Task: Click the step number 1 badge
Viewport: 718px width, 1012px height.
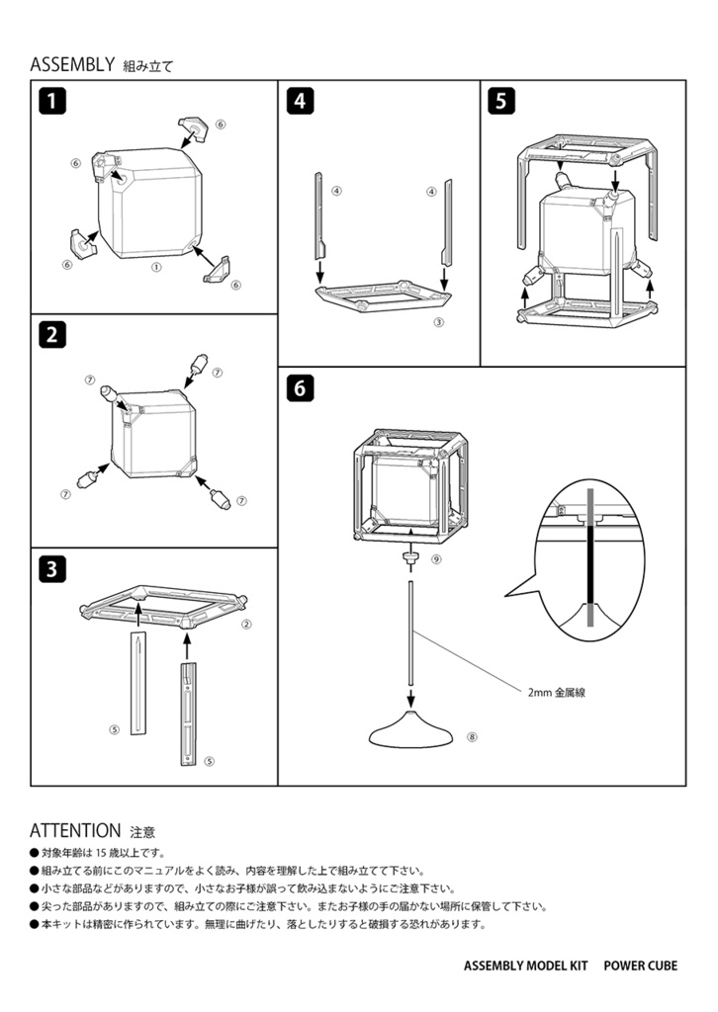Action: (x=52, y=100)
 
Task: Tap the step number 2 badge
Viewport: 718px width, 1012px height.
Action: (x=52, y=334)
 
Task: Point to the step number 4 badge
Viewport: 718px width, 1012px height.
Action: (x=300, y=100)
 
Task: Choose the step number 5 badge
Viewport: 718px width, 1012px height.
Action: (x=502, y=100)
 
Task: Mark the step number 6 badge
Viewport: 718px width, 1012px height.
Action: (x=300, y=388)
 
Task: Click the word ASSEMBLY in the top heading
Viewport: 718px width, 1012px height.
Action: (x=73, y=65)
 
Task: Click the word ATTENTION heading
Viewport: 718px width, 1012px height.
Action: (x=75, y=830)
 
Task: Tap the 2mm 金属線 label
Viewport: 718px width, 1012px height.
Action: (x=557, y=693)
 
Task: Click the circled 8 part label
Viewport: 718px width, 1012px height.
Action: (x=472, y=736)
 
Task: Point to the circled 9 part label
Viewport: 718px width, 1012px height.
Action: (x=436, y=558)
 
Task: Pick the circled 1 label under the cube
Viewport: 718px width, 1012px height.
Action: (x=155, y=267)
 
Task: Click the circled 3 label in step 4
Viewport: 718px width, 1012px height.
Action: (x=437, y=321)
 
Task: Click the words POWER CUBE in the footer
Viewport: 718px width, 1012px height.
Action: (x=641, y=967)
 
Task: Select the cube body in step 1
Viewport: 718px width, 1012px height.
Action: (x=151, y=206)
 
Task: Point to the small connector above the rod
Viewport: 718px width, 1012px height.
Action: (x=408, y=560)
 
